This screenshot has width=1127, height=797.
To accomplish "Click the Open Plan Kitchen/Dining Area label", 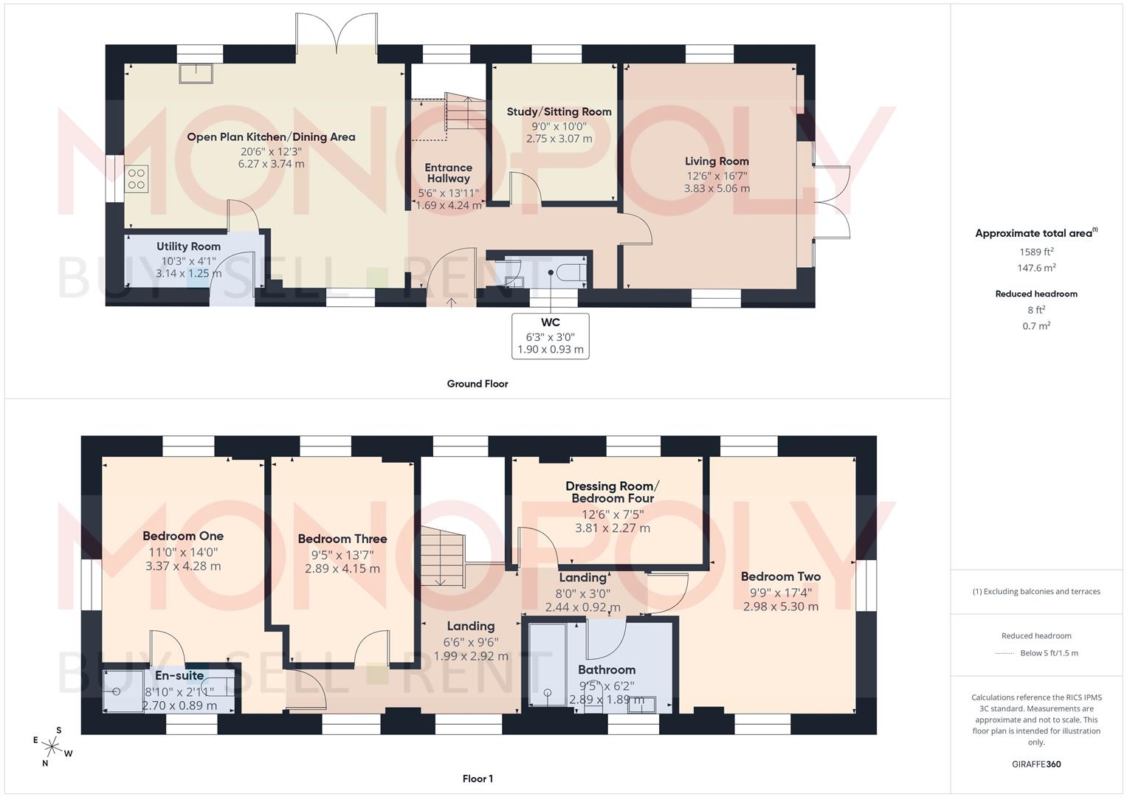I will click(x=271, y=137).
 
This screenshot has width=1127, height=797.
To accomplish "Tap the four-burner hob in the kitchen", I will click(x=137, y=179).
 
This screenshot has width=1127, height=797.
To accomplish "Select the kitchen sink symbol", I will click(x=196, y=74).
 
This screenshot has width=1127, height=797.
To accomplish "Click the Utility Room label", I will click(x=188, y=246).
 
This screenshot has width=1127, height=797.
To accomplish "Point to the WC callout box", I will click(x=550, y=336).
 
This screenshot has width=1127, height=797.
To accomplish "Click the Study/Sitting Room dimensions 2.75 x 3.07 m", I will click(x=559, y=139).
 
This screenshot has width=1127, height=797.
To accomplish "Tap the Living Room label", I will click(x=717, y=162).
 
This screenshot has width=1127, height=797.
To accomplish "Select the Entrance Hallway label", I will click(x=448, y=173).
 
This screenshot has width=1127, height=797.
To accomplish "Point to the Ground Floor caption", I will click(x=478, y=384).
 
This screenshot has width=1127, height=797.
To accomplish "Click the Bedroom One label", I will click(x=183, y=536).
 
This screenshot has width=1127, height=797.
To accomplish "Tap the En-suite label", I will click(x=179, y=675).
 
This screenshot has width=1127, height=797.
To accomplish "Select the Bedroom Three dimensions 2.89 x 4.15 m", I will click(x=342, y=569).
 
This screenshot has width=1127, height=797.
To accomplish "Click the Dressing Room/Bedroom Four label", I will click(x=613, y=492).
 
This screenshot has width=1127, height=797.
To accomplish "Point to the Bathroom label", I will click(x=607, y=670).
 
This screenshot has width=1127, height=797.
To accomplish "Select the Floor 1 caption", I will click(x=478, y=779).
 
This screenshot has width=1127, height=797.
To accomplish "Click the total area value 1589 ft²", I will click(x=1036, y=252).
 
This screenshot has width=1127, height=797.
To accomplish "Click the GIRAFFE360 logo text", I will click(x=1036, y=765).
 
